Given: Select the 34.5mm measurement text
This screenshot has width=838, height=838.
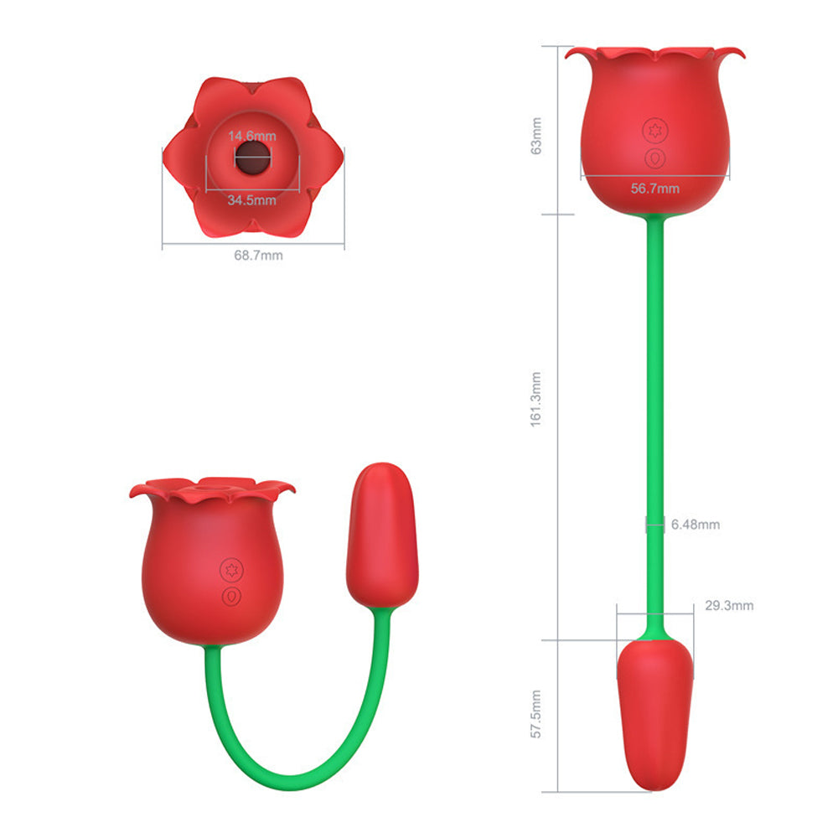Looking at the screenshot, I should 252,200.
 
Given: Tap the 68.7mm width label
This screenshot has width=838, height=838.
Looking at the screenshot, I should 258,255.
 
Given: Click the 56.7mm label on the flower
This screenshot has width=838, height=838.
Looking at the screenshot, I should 655,189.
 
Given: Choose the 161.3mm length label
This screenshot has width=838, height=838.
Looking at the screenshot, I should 537,400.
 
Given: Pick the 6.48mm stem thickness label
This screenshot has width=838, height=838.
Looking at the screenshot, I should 695,525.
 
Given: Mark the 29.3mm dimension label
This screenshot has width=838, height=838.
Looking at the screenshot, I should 729,605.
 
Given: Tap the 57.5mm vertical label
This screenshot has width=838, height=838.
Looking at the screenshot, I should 537,714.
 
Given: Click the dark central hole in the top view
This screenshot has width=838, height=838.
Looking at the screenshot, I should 253,157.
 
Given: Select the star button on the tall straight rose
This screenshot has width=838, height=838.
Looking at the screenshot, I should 654,131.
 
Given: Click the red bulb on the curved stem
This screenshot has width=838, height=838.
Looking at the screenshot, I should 382,532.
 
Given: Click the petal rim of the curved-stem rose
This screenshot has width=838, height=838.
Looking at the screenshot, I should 211,489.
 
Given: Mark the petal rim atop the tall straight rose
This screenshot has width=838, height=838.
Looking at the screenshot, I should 654,55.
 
